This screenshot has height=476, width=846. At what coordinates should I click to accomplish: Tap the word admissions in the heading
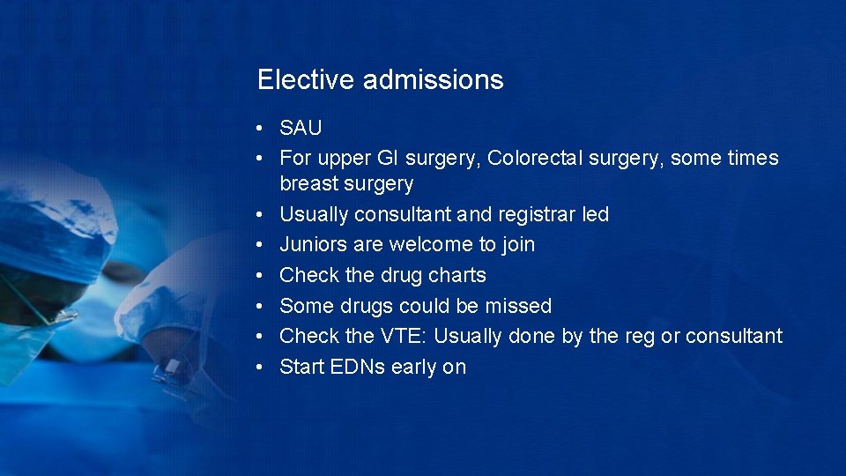433,80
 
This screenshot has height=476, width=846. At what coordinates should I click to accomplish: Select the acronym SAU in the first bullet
301,128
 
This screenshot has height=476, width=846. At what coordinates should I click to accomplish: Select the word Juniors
311,244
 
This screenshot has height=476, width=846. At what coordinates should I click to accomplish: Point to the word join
516,244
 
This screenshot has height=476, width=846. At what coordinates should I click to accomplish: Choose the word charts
456,275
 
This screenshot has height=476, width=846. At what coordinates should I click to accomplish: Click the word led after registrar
595,214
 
